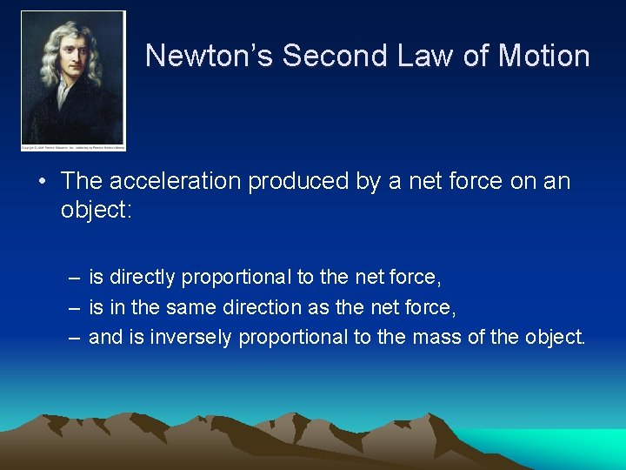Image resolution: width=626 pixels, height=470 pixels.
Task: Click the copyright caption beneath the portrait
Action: click(x=74, y=148)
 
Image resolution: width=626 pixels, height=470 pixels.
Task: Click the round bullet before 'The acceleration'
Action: click(x=42, y=182)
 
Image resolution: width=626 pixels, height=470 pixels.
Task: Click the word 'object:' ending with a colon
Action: click(x=96, y=210)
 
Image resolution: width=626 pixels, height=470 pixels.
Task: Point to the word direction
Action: click(x=260, y=307)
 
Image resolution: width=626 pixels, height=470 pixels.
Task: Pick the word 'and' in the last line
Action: click(x=106, y=337)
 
